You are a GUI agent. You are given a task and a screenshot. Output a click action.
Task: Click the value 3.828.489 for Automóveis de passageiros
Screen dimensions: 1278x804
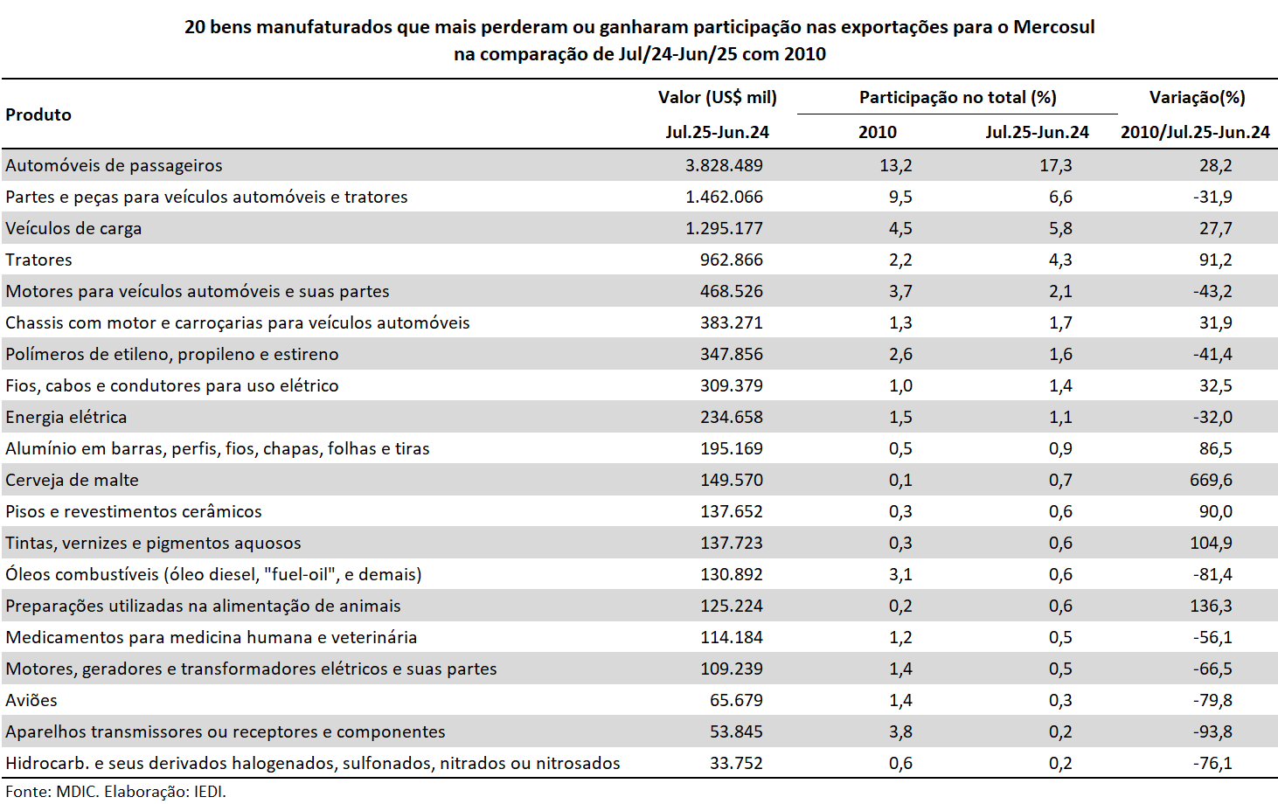724,165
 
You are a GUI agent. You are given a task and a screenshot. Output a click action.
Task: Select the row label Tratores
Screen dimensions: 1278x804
38,260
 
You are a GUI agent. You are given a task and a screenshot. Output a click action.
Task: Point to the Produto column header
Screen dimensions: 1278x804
38,114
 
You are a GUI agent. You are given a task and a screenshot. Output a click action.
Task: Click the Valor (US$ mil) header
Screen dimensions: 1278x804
718,98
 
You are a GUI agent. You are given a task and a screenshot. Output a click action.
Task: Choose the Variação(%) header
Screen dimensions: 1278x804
1197,98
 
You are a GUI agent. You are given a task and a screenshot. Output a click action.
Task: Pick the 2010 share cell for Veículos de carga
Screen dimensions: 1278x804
900,229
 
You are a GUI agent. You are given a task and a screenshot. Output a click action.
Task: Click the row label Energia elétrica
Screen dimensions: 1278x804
66,418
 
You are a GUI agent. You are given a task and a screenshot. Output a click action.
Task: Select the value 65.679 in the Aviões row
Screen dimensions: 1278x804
736,700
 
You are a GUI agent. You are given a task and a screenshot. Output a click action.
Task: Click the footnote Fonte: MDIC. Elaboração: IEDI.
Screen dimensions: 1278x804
115,792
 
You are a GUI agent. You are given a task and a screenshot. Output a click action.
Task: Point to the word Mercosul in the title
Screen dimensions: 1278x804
1053,27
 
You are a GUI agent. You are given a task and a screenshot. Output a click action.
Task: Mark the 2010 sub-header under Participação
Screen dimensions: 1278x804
878,132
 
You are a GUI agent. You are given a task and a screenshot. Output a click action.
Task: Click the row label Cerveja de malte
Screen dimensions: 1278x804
72,480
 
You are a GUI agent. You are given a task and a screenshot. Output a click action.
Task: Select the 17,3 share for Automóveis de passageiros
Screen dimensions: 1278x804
1055,165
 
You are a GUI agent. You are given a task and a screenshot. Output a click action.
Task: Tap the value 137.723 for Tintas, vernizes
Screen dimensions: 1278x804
732,543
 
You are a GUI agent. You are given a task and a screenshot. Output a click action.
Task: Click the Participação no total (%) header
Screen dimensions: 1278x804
958,98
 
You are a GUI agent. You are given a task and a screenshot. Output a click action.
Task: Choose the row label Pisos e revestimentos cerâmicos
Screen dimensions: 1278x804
134,511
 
